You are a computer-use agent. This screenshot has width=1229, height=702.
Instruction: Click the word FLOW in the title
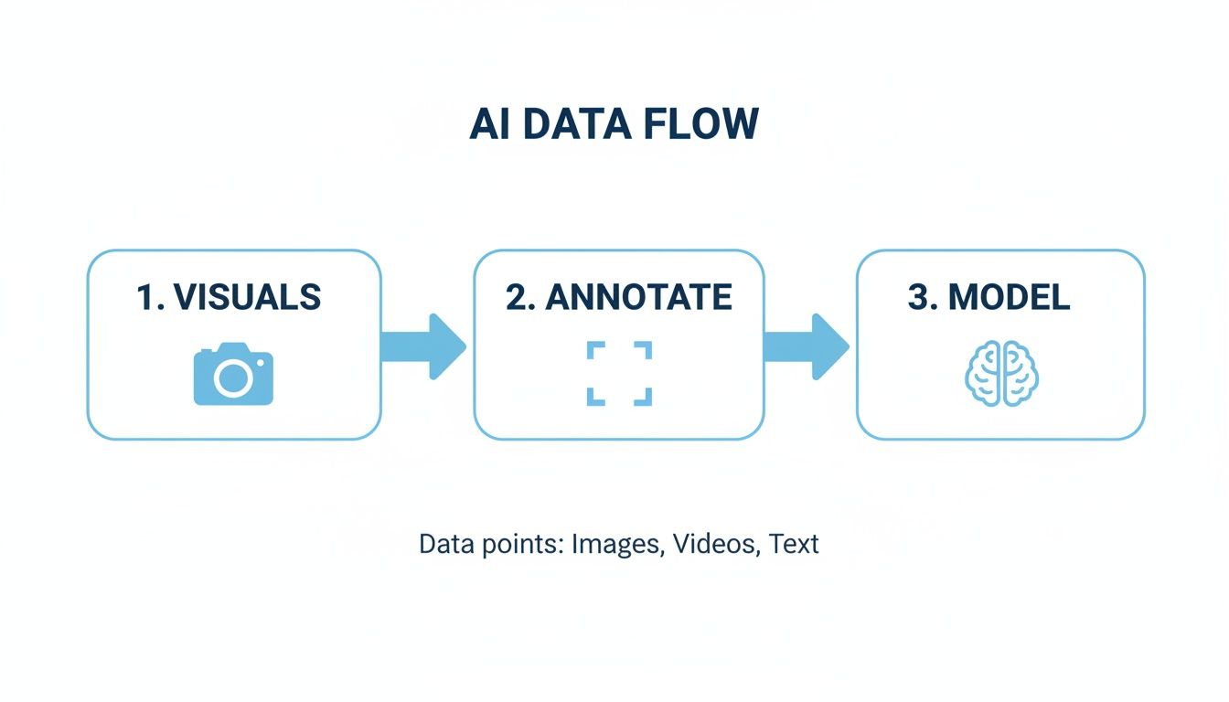[x=700, y=125]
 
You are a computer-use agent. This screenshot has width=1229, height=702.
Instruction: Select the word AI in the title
[x=490, y=125]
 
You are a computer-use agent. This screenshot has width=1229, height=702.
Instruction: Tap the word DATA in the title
[x=574, y=125]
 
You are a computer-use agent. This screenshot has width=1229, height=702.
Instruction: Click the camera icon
[x=233, y=374]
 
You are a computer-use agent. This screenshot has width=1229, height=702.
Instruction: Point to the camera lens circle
[x=232, y=378]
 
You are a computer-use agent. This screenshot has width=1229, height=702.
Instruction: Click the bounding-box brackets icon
[x=619, y=373]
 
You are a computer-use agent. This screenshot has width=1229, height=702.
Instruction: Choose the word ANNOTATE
[x=638, y=297]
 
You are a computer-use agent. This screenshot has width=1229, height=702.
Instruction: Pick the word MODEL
[x=1009, y=297]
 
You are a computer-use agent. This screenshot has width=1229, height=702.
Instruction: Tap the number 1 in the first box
[x=144, y=297]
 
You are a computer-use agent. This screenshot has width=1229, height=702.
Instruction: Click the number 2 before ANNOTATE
[x=517, y=297]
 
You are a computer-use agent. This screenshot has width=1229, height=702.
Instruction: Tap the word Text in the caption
[x=794, y=544]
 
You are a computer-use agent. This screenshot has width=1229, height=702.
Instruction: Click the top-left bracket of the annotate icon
[x=595, y=350]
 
